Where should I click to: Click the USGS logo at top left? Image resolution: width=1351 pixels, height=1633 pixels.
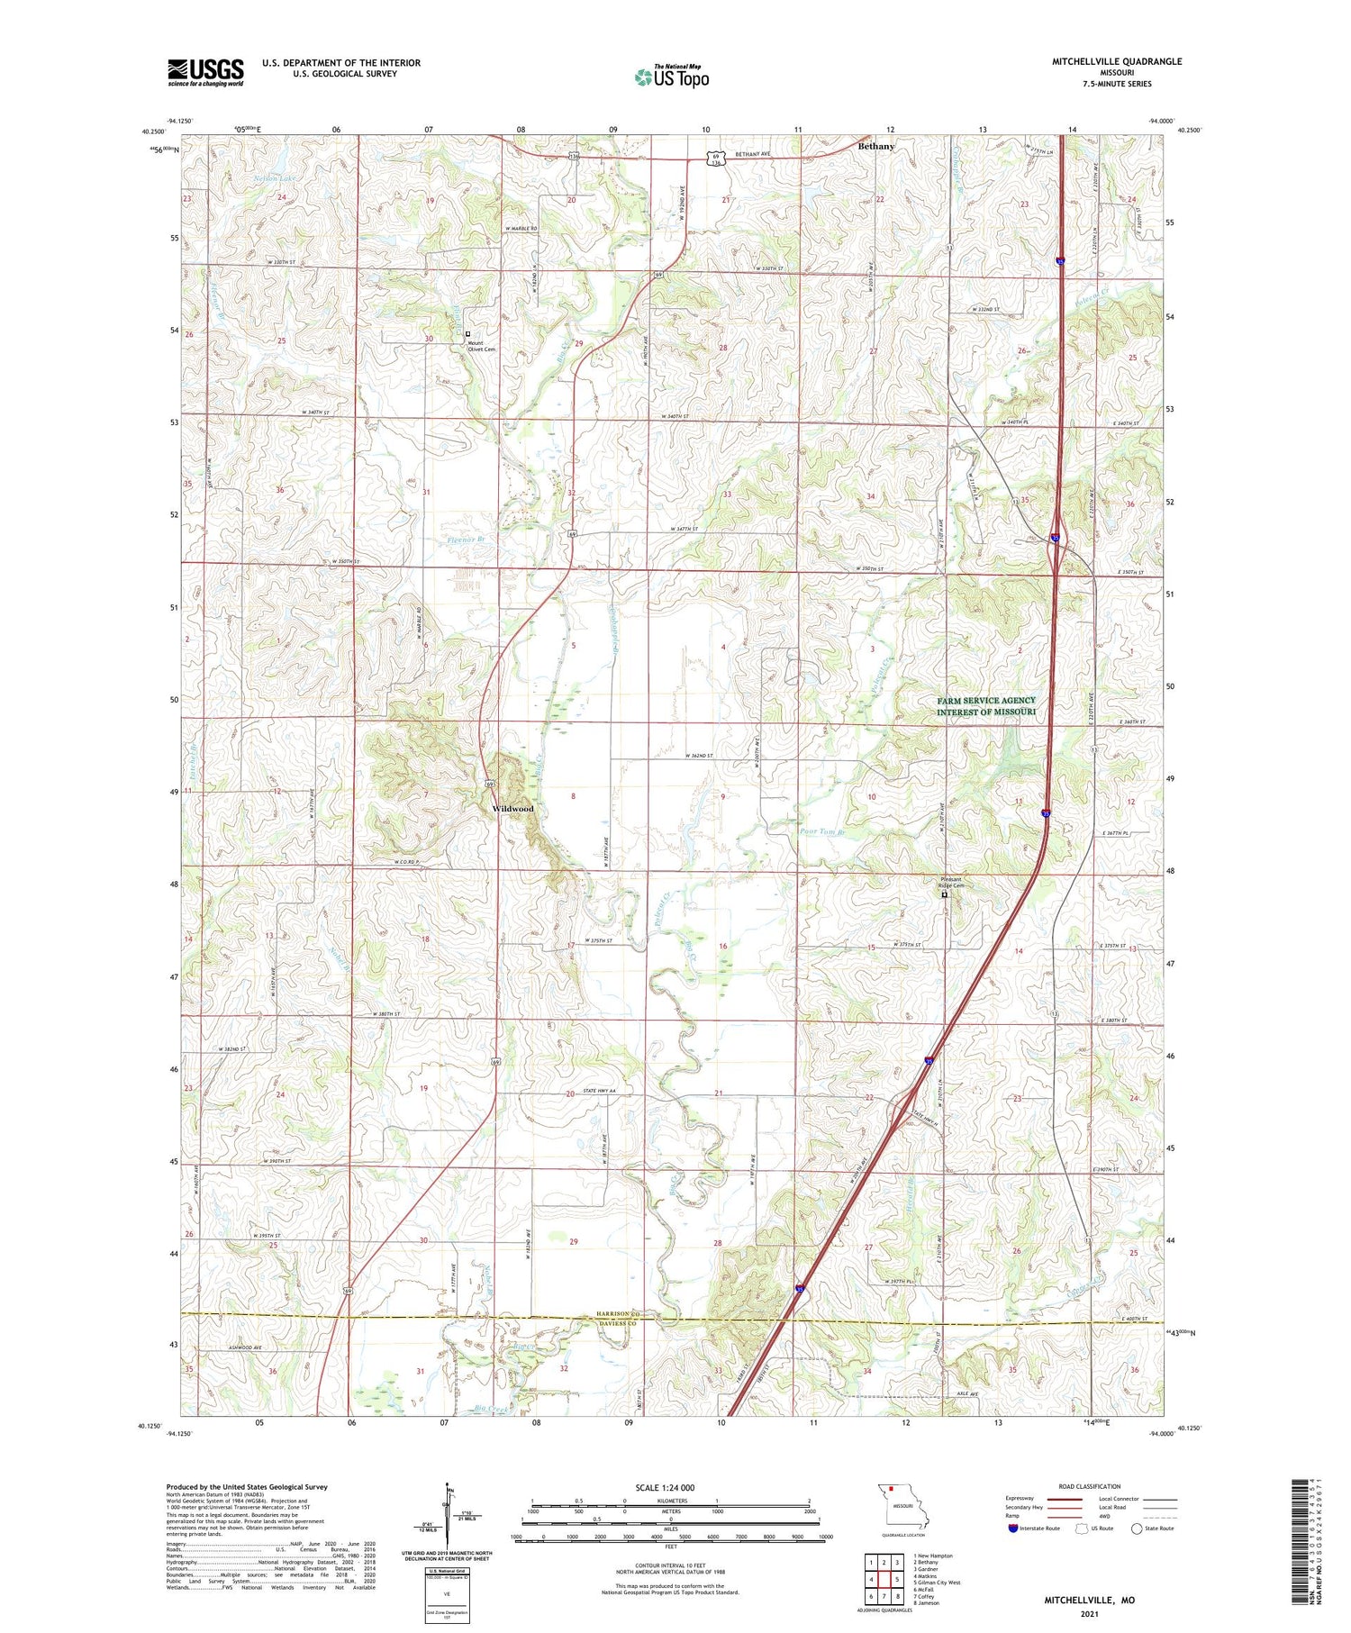click(x=205, y=72)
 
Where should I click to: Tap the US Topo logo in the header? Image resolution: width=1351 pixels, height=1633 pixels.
click(x=672, y=77)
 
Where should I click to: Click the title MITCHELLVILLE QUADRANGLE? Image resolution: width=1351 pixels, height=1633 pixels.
click(x=1116, y=61)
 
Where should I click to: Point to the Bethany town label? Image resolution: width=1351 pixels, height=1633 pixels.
click(x=876, y=146)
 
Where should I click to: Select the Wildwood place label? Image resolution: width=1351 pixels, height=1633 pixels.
click(x=512, y=809)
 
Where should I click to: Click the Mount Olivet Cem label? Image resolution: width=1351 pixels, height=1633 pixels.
click(x=481, y=346)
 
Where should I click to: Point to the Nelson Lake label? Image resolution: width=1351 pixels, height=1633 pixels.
click(x=274, y=178)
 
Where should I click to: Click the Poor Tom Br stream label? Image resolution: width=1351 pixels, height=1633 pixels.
click(x=822, y=832)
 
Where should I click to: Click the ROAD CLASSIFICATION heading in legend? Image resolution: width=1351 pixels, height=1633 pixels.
click(x=1090, y=1486)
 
